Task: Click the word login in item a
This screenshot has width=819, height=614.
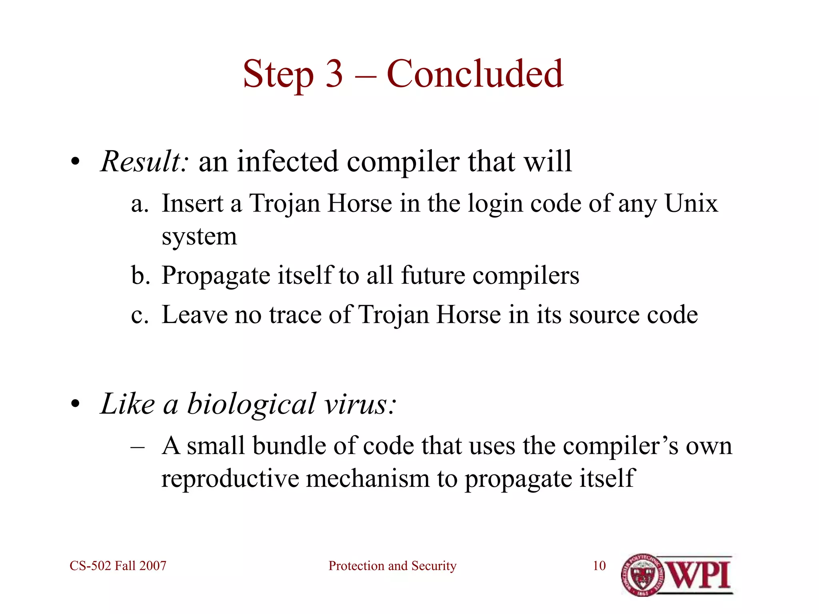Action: (495, 204)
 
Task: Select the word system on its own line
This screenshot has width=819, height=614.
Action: (199, 237)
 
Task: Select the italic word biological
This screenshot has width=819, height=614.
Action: (252, 404)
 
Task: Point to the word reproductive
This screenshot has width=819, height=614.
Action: (230, 478)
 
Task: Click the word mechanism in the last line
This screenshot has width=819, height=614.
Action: (368, 478)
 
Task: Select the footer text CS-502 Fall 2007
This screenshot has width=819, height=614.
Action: (118, 566)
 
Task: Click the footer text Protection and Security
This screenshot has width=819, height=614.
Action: (392, 566)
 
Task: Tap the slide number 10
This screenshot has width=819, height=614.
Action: (599, 566)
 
